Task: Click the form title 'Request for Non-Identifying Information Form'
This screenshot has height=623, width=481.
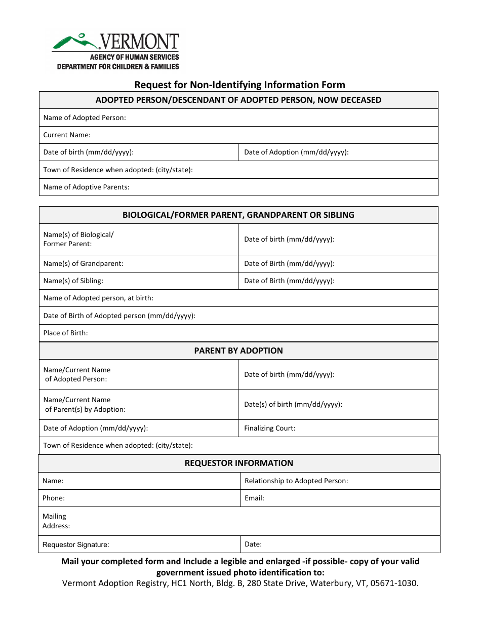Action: coord(239,85)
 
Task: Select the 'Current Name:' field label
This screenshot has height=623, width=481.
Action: coord(67,135)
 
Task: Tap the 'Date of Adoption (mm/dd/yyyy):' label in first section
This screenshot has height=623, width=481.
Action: coord(296,152)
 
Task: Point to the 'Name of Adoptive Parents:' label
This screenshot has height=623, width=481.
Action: coord(86,187)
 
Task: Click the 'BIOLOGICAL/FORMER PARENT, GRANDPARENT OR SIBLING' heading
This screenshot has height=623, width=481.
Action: coord(238,215)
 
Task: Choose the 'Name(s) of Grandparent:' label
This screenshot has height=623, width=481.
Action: coord(83,263)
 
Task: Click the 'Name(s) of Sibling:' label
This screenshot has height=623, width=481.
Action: coord(73,281)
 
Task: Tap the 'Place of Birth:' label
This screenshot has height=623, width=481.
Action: coord(65,333)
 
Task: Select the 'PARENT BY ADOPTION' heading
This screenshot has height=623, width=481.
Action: coord(238,351)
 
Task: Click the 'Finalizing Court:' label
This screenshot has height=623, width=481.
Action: coord(269,428)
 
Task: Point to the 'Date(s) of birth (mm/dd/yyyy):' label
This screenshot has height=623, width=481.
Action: coord(293,404)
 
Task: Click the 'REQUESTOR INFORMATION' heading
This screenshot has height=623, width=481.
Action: coord(238,463)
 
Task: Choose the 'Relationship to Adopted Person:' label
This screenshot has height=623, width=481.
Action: coord(296,481)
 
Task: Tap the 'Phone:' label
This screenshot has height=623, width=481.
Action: coord(54,498)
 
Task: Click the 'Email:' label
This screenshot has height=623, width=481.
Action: coord(255,498)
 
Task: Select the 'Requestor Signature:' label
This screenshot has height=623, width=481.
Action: coord(76,544)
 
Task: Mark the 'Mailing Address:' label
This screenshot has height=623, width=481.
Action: coord(56,521)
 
